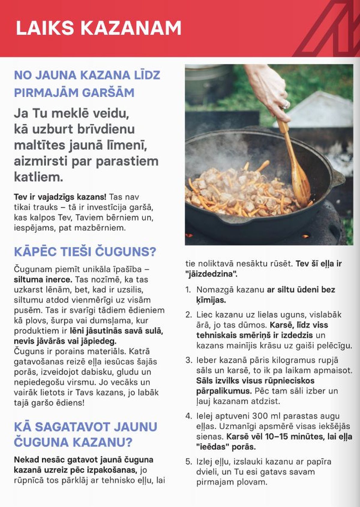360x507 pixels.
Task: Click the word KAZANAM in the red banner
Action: (131, 28)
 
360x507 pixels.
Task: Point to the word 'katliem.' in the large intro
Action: (38, 177)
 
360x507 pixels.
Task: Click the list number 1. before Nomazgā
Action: (188, 290)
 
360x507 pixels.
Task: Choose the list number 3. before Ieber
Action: (188, 360)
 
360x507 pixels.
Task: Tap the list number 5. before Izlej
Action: (188, 461)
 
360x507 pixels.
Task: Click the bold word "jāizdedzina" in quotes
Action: (211, 274)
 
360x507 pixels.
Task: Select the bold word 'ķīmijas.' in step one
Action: (211, 300)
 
